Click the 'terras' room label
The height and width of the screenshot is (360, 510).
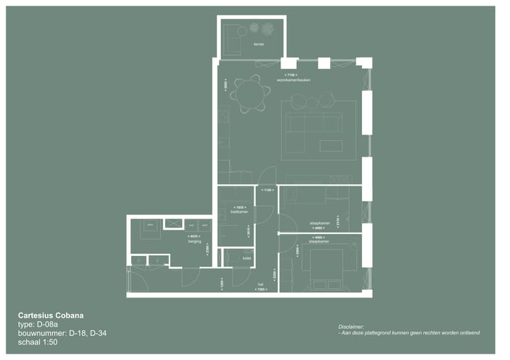click(x=259, y=45)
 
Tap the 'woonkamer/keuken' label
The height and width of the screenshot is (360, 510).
click(x=294, y=80)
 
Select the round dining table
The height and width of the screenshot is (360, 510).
click(x=250, y=94)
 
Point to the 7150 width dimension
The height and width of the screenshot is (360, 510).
click(x=290, y=74)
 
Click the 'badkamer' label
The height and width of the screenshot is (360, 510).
click(x=239, y=212)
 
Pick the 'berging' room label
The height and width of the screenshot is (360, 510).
click(x=194, y=242)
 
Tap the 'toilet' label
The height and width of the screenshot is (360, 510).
click(x=246, y=259)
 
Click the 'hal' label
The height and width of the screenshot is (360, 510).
click(x=260, y=285)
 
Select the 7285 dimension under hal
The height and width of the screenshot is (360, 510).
click(x=260, y=291)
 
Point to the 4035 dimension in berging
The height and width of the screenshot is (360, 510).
click(x=194, y=236)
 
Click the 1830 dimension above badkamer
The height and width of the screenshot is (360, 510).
click(x=239, y=207)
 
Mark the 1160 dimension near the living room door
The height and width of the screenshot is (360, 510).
click(x=267, y=190)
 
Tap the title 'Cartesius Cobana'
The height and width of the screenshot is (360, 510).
click(x=55, y=315)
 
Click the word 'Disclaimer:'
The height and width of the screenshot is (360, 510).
click(x=351, y=326)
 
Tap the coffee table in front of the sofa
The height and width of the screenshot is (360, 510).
click(x=330, y=145)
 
